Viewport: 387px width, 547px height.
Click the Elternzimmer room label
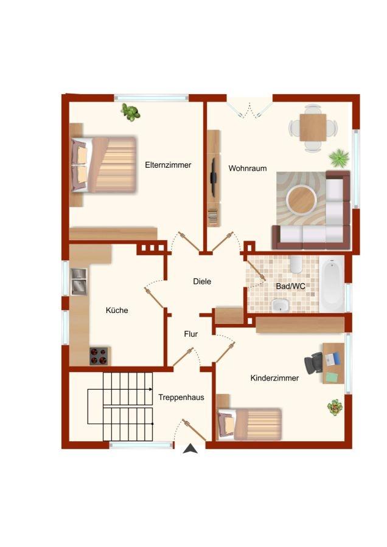coord(168,165)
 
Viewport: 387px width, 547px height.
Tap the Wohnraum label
coord(248,168)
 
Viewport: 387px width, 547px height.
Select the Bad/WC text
coord(291,286)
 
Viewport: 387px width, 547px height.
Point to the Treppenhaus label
coord(181,397)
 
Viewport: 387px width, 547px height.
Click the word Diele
coord(202,281)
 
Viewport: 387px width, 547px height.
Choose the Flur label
coord(191,334)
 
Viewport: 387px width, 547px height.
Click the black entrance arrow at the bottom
coord(190,449)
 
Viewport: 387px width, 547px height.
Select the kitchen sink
coord(79,281)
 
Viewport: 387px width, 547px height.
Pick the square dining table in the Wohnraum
coord(313,128)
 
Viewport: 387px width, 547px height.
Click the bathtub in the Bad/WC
coord(332,284)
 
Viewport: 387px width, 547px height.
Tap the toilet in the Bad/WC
coord(296,265)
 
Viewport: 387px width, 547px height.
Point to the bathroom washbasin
coord(281,305)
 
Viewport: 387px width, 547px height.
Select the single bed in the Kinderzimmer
coord(249,424)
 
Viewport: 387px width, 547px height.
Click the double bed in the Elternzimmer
coord(103,164)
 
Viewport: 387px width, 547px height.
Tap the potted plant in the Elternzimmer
coord(130,112)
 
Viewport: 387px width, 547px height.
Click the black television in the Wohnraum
coord(213,176)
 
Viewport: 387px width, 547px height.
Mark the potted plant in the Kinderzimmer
coord(335,407)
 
